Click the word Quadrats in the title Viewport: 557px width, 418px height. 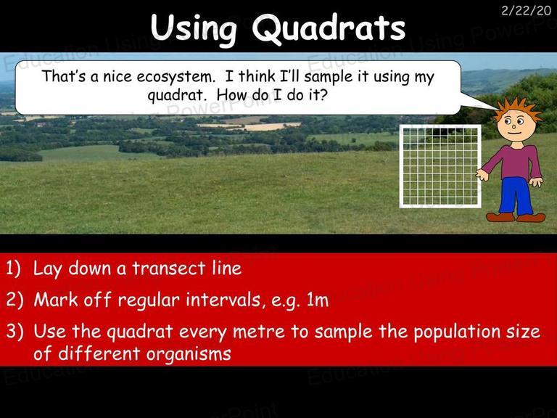[x=329, y=28]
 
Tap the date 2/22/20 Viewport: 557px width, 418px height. [x=526, y=11]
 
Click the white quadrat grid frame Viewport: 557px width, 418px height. [x=400, y=166]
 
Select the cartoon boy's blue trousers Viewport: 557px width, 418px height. [x=515, y=195]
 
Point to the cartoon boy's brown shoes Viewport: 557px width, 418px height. [x=516, y=217]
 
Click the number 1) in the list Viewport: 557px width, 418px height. [x=14, y=269]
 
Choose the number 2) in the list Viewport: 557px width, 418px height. [x=15, y=300]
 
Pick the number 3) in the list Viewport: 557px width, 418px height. [x=15, y=331]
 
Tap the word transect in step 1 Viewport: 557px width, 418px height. [x=169, y=269]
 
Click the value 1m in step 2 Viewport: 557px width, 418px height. [x=317, y=300]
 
